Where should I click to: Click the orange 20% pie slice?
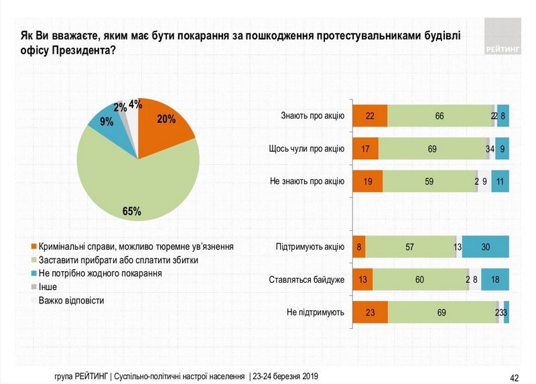coord(164,124)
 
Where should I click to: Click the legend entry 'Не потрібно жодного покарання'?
coord(100,274)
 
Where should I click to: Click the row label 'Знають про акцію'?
coord(312,116)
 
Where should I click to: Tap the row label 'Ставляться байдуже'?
coord(306,279)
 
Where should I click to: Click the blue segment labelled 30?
coord(485,246)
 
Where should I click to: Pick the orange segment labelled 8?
coord(359,246)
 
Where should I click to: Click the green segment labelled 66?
coord(440,116)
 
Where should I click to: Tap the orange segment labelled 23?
coord(370,312)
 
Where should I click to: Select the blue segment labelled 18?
coord(494,279)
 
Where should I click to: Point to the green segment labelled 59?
coord(429,181)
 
